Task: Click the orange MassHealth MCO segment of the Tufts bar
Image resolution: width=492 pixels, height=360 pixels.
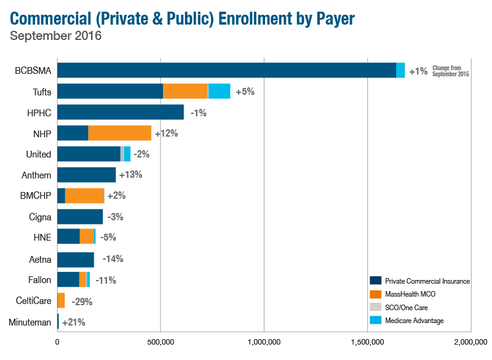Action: [x=185, y=91]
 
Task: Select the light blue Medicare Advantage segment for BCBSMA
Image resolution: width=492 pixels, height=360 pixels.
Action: [x=400, y=70]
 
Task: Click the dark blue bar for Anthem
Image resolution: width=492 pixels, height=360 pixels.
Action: [x=86, y=175]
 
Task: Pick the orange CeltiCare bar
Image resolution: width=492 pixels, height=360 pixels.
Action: [x=61, y=300]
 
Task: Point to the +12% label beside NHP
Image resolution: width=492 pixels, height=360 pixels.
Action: [x=166, y=133]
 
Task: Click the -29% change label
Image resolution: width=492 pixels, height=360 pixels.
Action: [x=82, y=302]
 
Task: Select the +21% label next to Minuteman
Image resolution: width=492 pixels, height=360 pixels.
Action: [x=73, y=322]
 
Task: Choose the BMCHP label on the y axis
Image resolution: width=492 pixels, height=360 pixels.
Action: [x=37, y=196]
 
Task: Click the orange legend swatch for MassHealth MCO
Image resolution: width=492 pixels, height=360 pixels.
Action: [x=375, y=294]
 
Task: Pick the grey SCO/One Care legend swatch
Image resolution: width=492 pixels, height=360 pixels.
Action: [x=375, y=307]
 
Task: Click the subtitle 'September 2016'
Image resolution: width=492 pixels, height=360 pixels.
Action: [x=56, y=36]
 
